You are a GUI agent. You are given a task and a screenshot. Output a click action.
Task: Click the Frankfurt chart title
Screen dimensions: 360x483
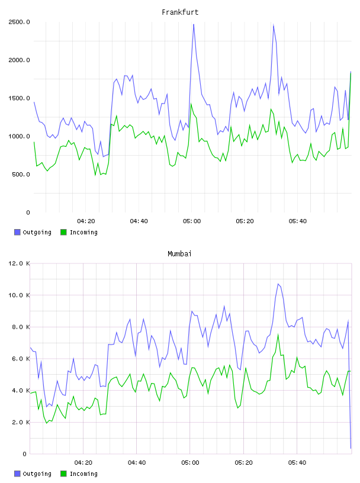coord(180,12)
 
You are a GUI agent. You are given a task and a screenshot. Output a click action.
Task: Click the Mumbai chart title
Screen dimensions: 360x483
coord(179,254)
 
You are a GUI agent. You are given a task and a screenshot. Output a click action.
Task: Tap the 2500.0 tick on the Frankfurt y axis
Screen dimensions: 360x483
coord(19,22)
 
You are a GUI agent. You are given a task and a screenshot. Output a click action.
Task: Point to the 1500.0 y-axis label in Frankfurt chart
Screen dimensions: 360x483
coord(19,98)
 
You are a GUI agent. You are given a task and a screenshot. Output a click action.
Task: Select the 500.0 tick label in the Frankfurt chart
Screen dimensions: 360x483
coord(21,175)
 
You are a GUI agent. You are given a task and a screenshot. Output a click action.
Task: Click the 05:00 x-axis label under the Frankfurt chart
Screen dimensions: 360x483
coord(192,221)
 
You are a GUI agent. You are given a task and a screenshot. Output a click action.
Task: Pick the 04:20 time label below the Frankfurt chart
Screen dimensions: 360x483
coord(86,221)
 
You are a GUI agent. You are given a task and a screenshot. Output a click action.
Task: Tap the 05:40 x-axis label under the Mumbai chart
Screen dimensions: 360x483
coord(297,463)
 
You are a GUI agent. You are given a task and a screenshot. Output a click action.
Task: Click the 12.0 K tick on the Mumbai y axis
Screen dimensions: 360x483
coord(19,263)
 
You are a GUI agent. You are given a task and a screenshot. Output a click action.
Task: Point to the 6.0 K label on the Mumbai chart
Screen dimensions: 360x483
coord(21,359)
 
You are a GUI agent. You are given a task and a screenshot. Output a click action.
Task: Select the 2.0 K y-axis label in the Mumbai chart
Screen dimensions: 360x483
coord(21,422)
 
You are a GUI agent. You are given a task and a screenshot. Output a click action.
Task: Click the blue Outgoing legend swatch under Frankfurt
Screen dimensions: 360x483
coord(17,232)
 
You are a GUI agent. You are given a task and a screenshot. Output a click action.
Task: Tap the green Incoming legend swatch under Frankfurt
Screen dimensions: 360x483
coord(63,232)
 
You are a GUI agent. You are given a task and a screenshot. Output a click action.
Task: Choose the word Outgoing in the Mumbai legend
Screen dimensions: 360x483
coord(37,474)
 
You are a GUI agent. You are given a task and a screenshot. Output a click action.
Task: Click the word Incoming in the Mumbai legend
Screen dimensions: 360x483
coord(83,474)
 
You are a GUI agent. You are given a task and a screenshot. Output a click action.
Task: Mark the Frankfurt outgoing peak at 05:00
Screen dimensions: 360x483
coord(194,24)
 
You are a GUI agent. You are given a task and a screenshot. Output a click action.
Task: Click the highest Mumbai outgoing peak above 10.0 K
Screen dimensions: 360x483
coord(278,284)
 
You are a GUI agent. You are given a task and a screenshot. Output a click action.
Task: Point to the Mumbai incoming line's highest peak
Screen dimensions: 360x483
coord(278,334)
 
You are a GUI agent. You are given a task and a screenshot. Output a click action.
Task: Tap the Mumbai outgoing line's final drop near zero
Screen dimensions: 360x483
coord(351,448)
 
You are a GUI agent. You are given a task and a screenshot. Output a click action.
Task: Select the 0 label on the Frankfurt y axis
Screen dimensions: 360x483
coord(28,212)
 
